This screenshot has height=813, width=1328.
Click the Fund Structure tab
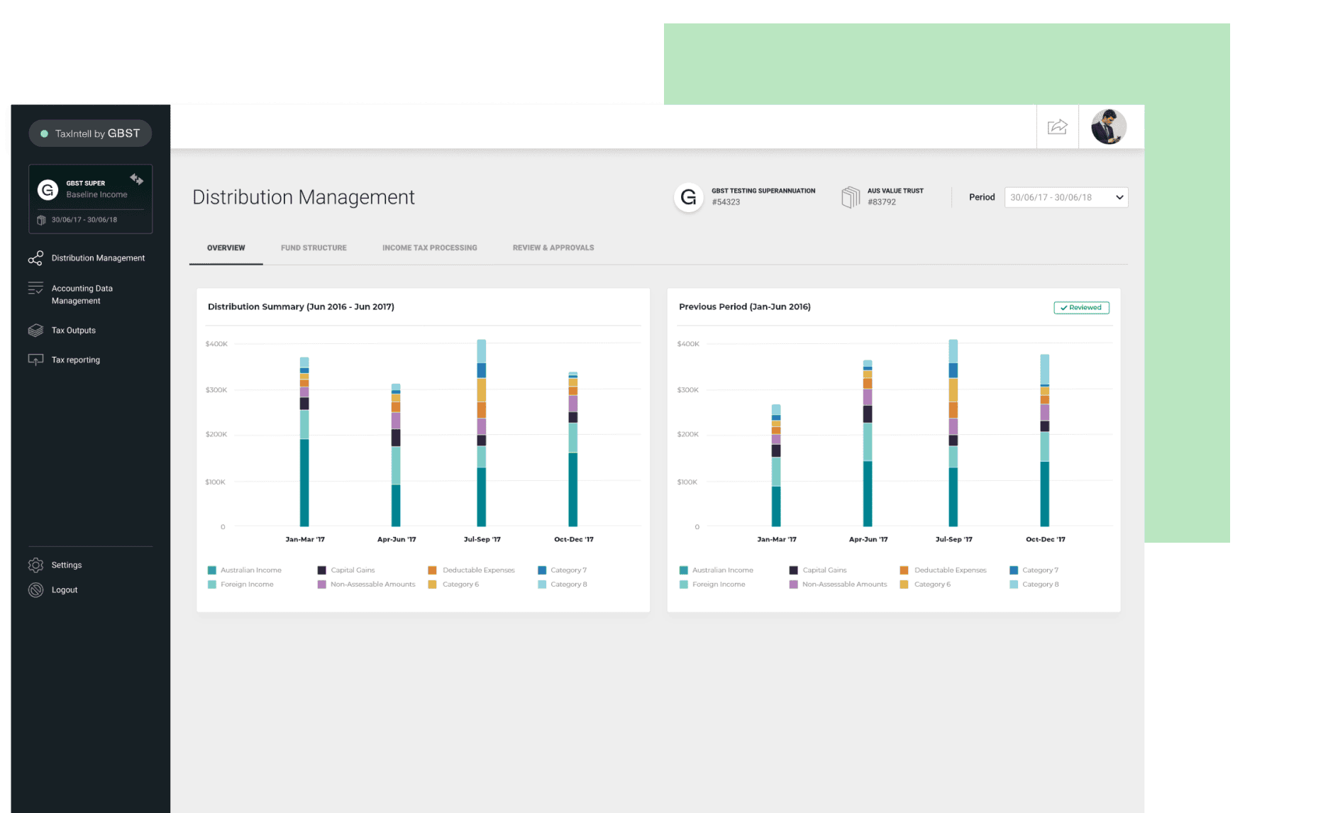tap(314, 248)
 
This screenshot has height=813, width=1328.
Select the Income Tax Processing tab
tap(429, 248)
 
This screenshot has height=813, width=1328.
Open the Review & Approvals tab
tap(553, 248)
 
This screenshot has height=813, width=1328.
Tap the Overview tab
tap(226, 248)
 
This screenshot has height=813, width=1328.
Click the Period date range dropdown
tap(1066, 197)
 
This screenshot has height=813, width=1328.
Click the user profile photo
tap(1109, 127)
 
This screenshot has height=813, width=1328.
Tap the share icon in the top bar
tap(1058, 127)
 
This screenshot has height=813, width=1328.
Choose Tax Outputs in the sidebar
tap(73, 331)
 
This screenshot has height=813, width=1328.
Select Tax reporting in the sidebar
tap(75, 360)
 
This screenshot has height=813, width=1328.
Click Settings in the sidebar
tap(66, 565)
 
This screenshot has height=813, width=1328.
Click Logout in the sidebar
tap(64, 590)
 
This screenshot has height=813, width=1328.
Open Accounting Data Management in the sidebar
tap(82, 294)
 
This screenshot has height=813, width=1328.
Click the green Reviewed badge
tap(1081, 308)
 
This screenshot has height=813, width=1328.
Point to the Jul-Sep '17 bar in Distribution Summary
tap(482, 433)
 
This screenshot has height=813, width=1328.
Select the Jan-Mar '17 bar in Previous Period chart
tap(776, 465)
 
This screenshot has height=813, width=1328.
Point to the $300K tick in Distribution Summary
tap(216, 390)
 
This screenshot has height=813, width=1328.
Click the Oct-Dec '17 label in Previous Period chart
tap(1045, 539)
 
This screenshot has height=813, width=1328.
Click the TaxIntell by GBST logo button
tap(90, 133)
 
